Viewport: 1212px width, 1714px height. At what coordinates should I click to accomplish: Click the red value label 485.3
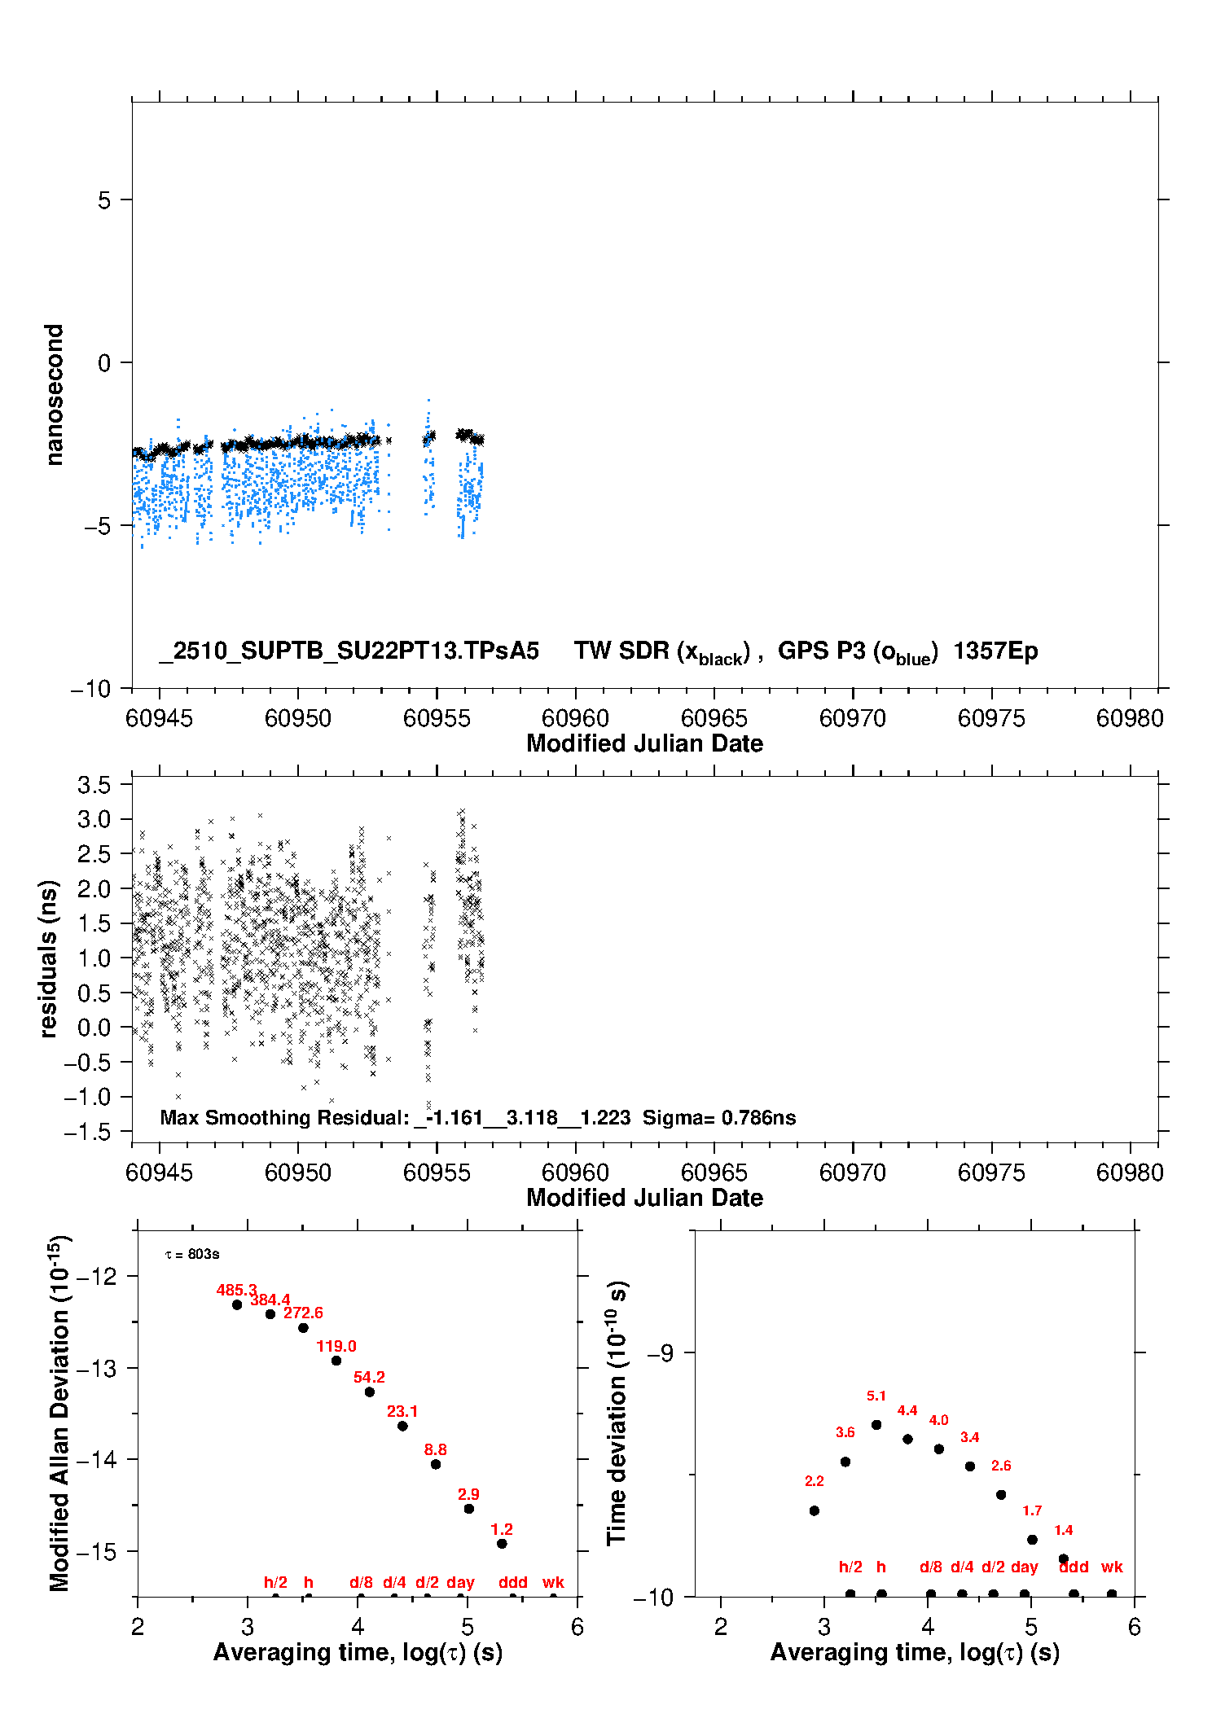pos(236,1290)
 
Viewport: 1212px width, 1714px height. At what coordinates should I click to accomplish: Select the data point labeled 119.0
pos(336,1361)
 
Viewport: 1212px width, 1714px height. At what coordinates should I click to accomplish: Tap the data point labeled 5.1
pos(876,1425)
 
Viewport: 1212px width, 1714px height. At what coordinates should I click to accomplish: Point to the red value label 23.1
pos(402,1411)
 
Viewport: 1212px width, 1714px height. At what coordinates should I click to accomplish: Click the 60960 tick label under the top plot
pos(575,718)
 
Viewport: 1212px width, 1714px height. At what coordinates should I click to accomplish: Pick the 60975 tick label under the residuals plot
pos(990,1173)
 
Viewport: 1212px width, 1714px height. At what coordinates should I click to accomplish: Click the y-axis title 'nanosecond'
pos(54,395)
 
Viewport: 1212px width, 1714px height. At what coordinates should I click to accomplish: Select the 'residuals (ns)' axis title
pos(49,958)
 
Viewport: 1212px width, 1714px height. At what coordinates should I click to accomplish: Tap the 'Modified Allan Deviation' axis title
pos(59,1414)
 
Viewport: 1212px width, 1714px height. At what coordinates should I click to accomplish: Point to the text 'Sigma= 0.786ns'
pos(719,1118)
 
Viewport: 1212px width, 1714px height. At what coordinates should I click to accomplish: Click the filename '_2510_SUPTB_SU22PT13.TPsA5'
pos(349,651)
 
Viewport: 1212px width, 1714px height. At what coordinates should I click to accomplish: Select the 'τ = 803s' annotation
pos(192,1254)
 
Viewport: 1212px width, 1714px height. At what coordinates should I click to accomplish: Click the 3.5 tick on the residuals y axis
pos(94,785)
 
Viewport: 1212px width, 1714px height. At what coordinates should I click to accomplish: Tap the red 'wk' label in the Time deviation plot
pos(1112,1567)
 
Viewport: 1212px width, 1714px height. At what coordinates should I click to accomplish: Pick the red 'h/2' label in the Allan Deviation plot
pos(275,1582)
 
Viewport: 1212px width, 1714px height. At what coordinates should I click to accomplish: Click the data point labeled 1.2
pos(502,1543)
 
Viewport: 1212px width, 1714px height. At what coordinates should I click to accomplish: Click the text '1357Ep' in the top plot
pos(995,651)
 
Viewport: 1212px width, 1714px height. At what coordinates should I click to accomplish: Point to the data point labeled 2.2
pos(815,1510)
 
